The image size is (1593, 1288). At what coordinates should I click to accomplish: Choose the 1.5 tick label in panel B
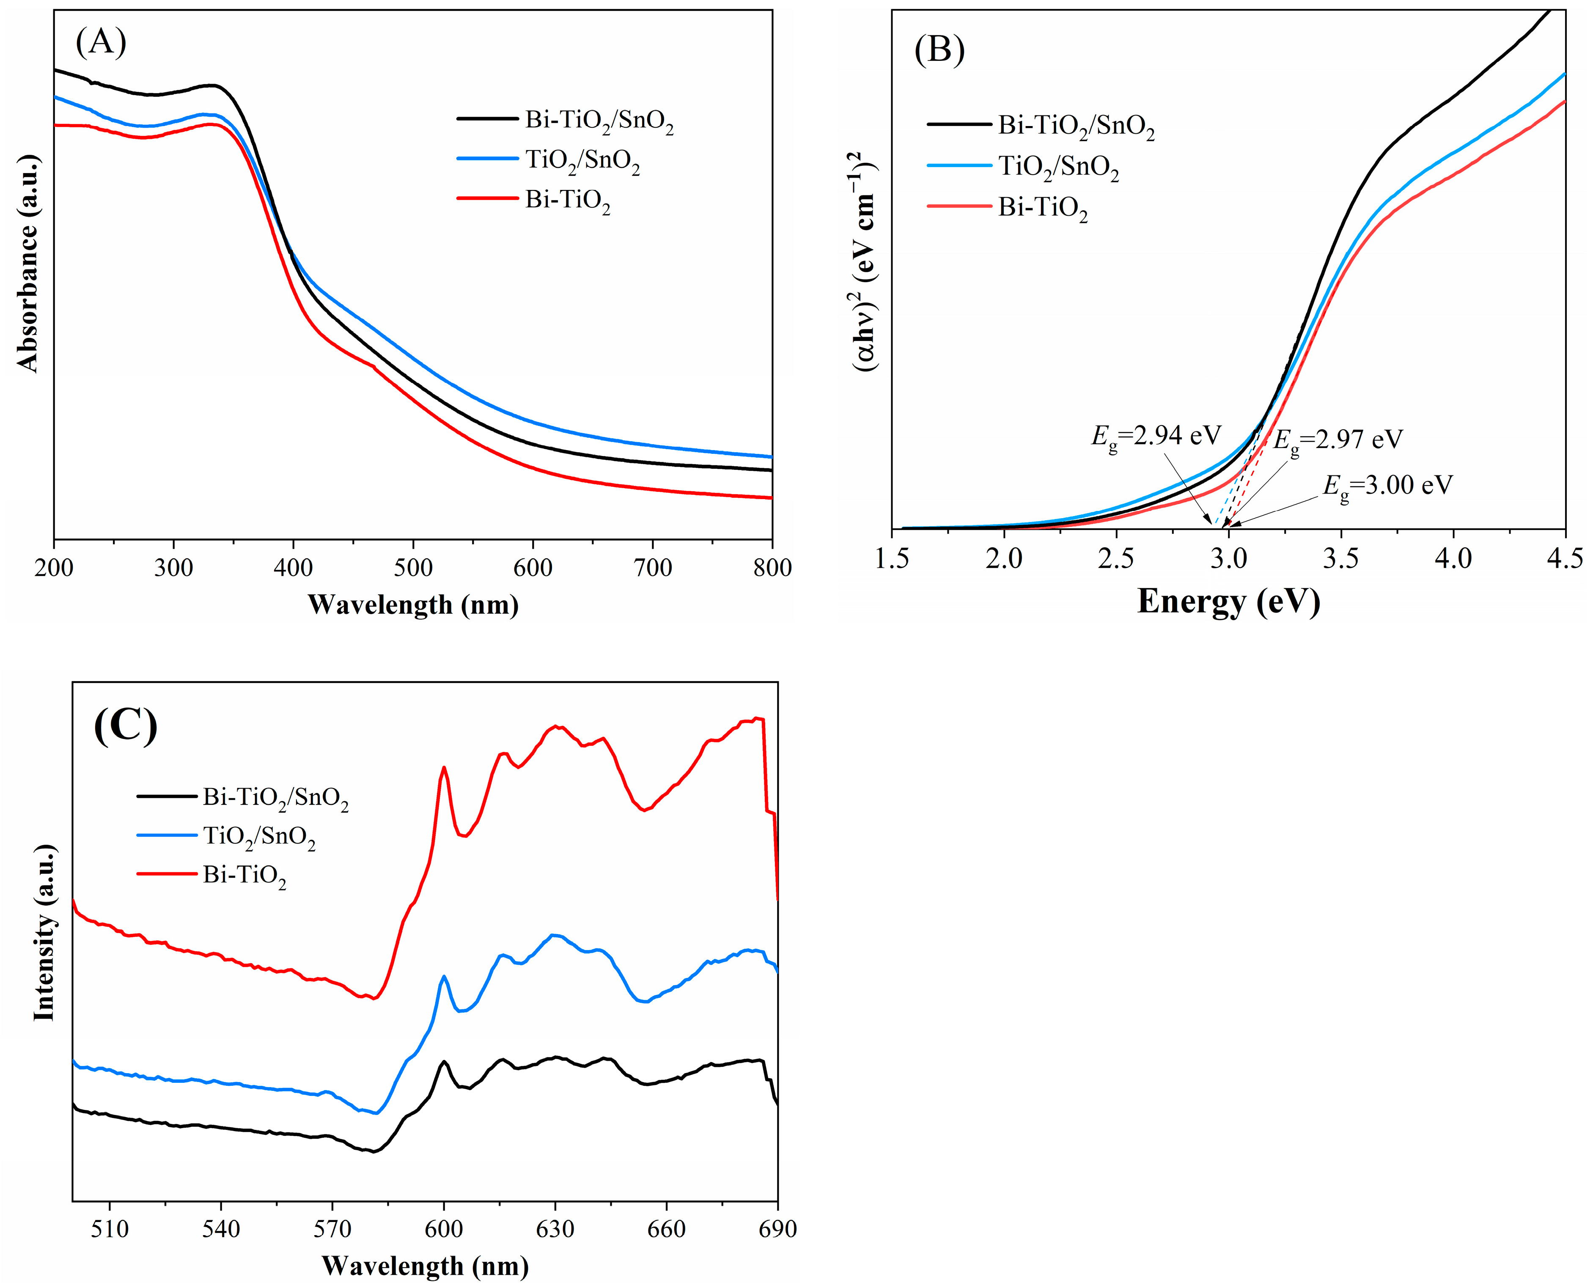[892, 558]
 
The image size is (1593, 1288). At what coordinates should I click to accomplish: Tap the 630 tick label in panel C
[555, 1229]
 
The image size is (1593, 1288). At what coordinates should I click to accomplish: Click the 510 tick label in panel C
[110, 1229]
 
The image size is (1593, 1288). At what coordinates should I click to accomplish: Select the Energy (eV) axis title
[1229, 601]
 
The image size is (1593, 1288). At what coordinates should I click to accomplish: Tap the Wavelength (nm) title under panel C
[425, 1265]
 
